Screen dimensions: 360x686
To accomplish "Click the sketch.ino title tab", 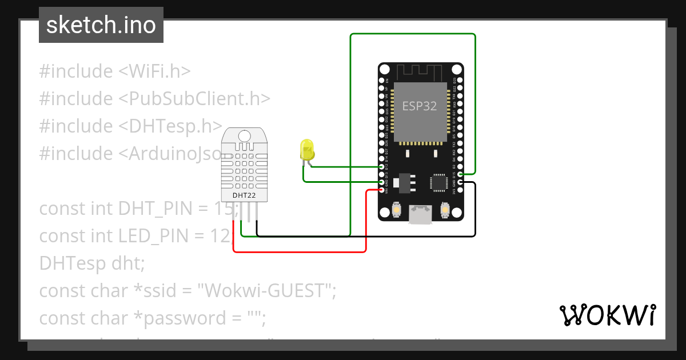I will [101, 25].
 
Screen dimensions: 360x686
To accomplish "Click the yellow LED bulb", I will [307, 150].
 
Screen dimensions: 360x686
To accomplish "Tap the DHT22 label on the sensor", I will [244, 195].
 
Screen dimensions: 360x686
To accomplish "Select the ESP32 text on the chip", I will [420, 106].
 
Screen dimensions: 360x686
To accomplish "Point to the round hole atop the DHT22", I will [244, 135].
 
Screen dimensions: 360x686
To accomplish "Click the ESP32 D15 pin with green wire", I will [460, 174].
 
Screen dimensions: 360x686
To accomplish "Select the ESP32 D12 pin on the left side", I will [381, 167].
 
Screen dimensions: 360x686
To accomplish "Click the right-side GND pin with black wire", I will [460, 182].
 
